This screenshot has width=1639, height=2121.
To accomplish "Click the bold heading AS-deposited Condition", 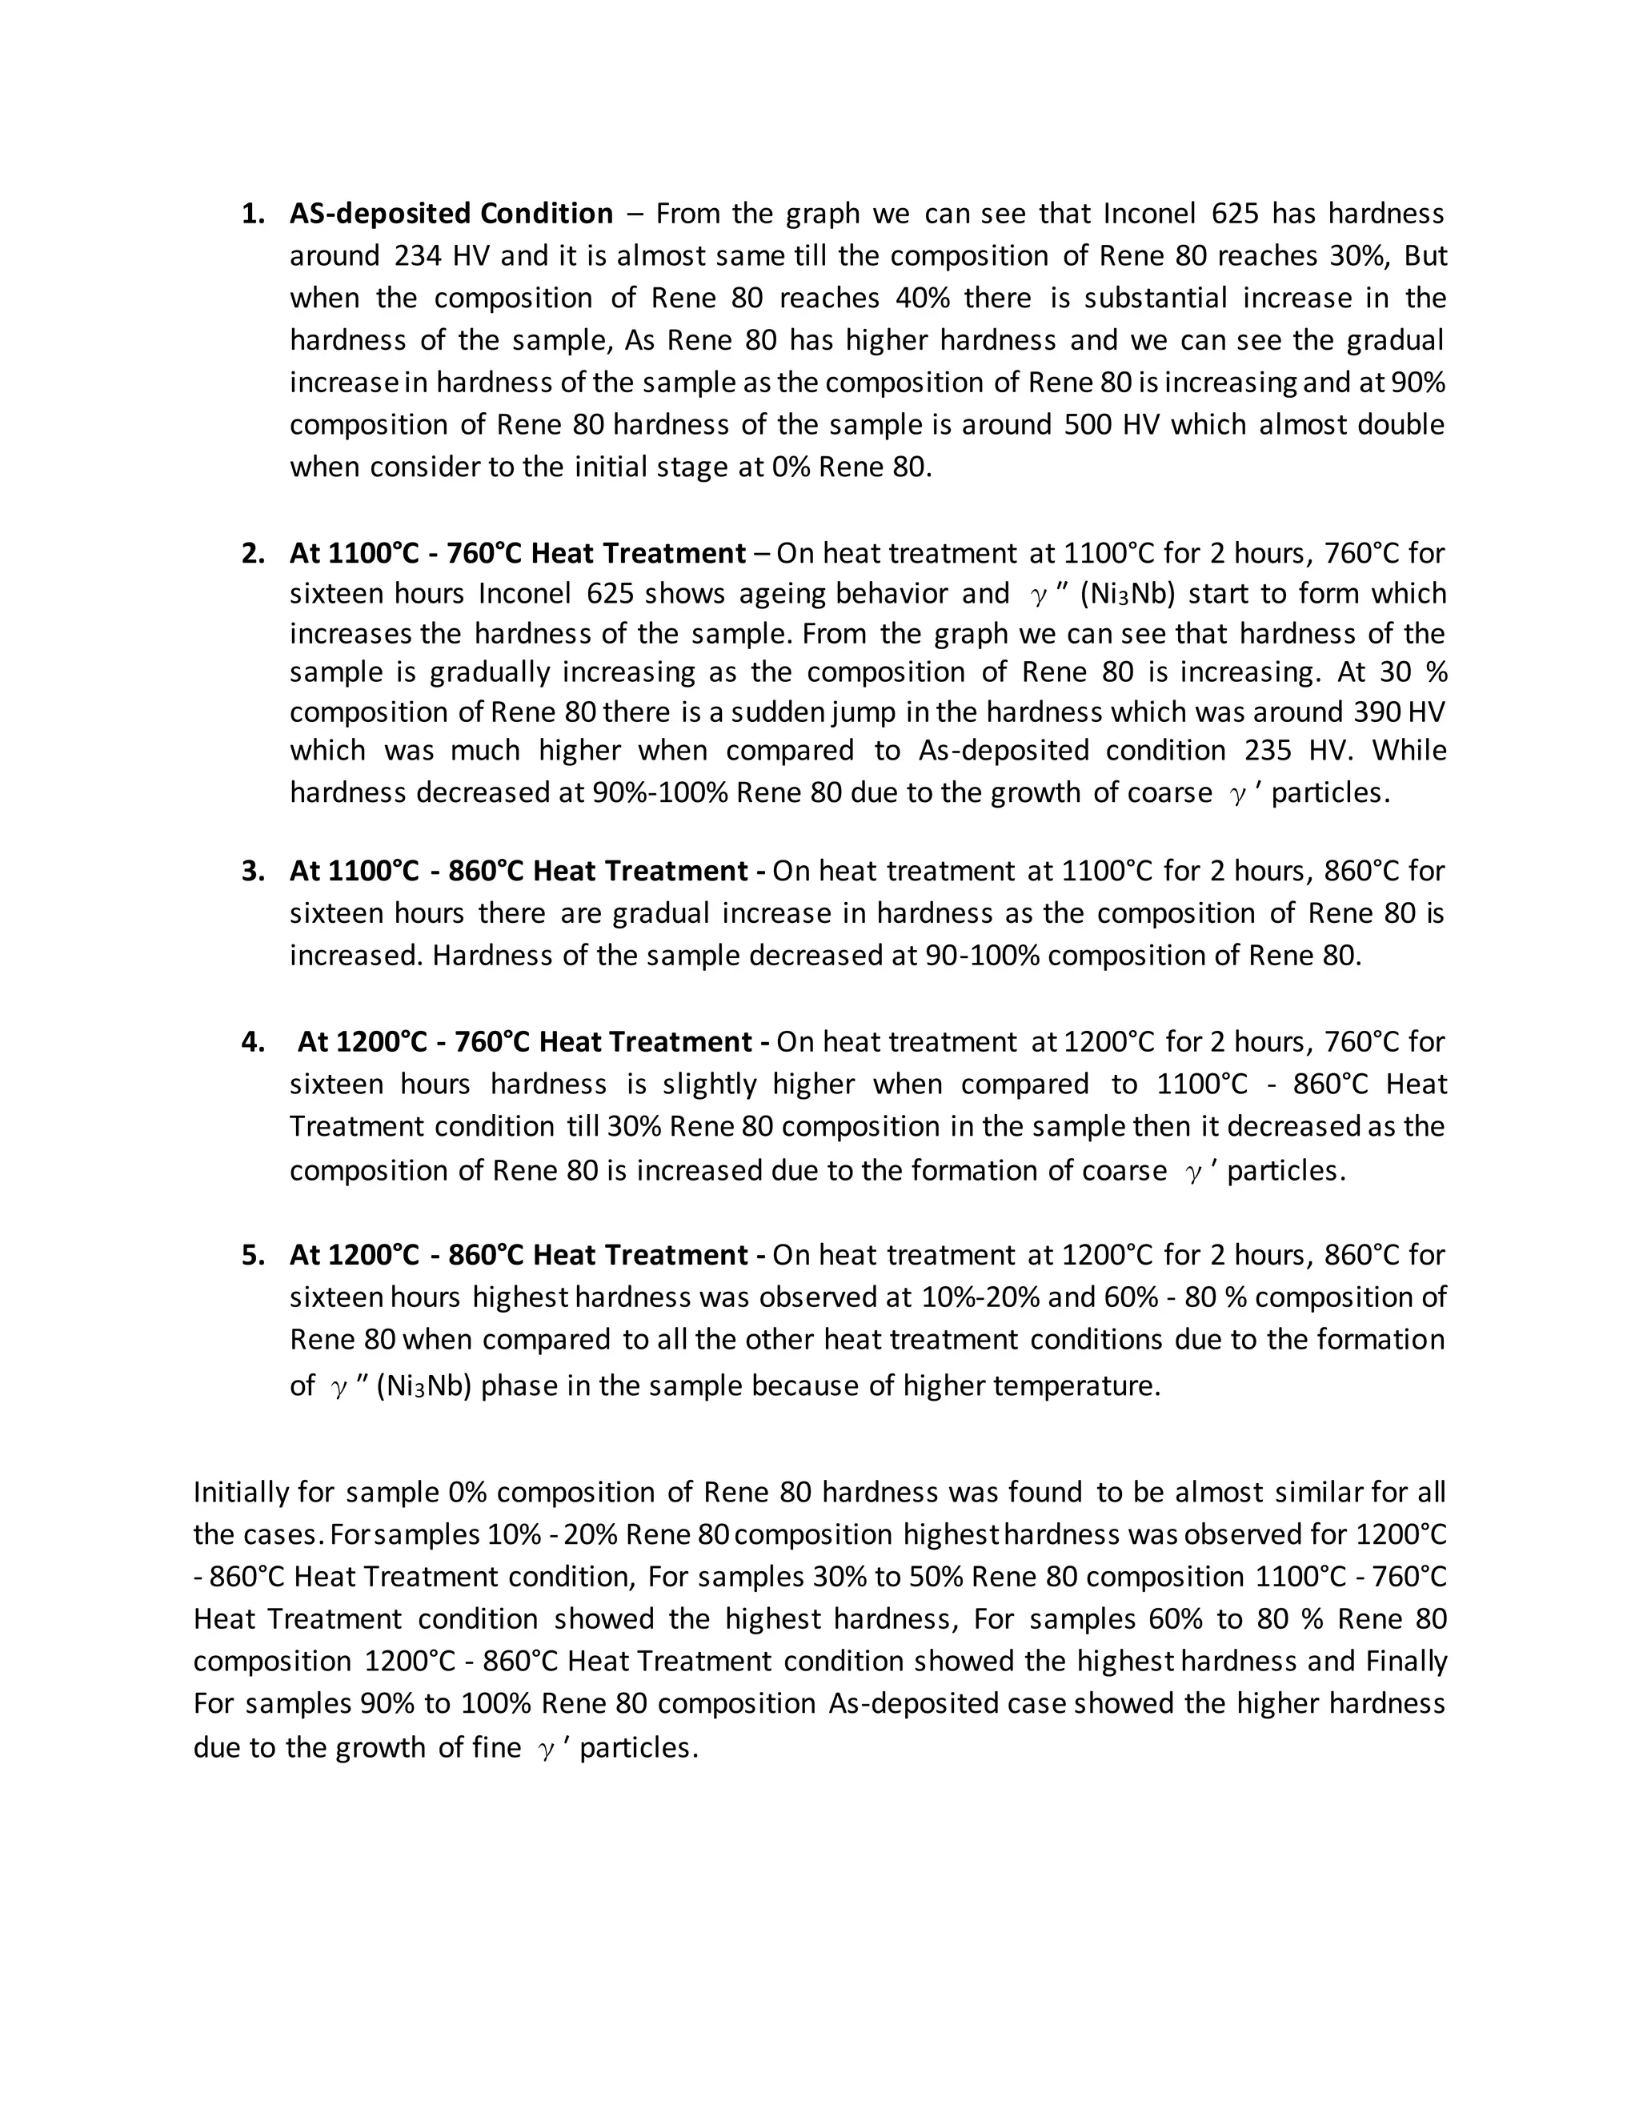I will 451,214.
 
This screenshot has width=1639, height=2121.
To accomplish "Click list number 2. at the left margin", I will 252,554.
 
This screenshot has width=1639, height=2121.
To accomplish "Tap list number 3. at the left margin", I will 252,871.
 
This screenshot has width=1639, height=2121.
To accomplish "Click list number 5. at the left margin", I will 252,1256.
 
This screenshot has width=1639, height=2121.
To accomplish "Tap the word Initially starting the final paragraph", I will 241,1492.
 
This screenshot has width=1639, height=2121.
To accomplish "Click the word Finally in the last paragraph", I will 1405,1662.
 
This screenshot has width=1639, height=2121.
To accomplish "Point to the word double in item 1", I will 1401,425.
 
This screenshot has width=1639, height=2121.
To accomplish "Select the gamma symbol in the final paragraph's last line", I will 547,1749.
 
